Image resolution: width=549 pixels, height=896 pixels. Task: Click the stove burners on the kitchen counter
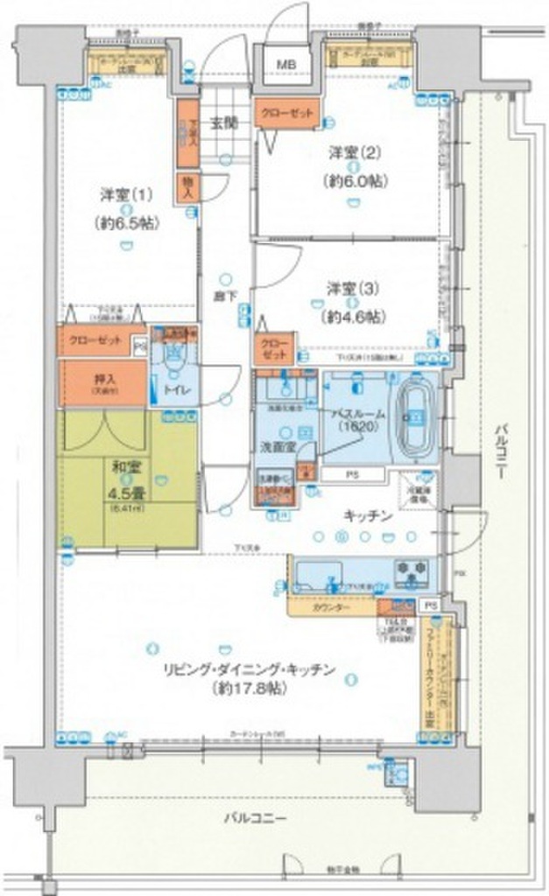click(x=411, y=571)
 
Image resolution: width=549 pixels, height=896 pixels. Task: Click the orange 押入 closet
click(x=102, y=383)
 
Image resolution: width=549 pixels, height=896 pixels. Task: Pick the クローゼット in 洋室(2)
click(x=287, y=114)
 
